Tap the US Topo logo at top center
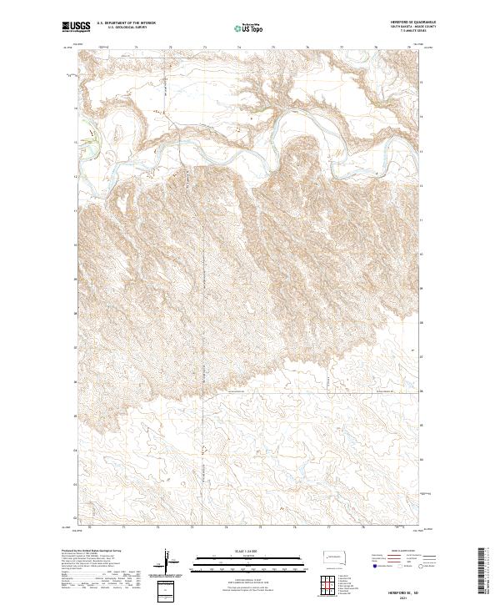(x=249, y=28)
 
